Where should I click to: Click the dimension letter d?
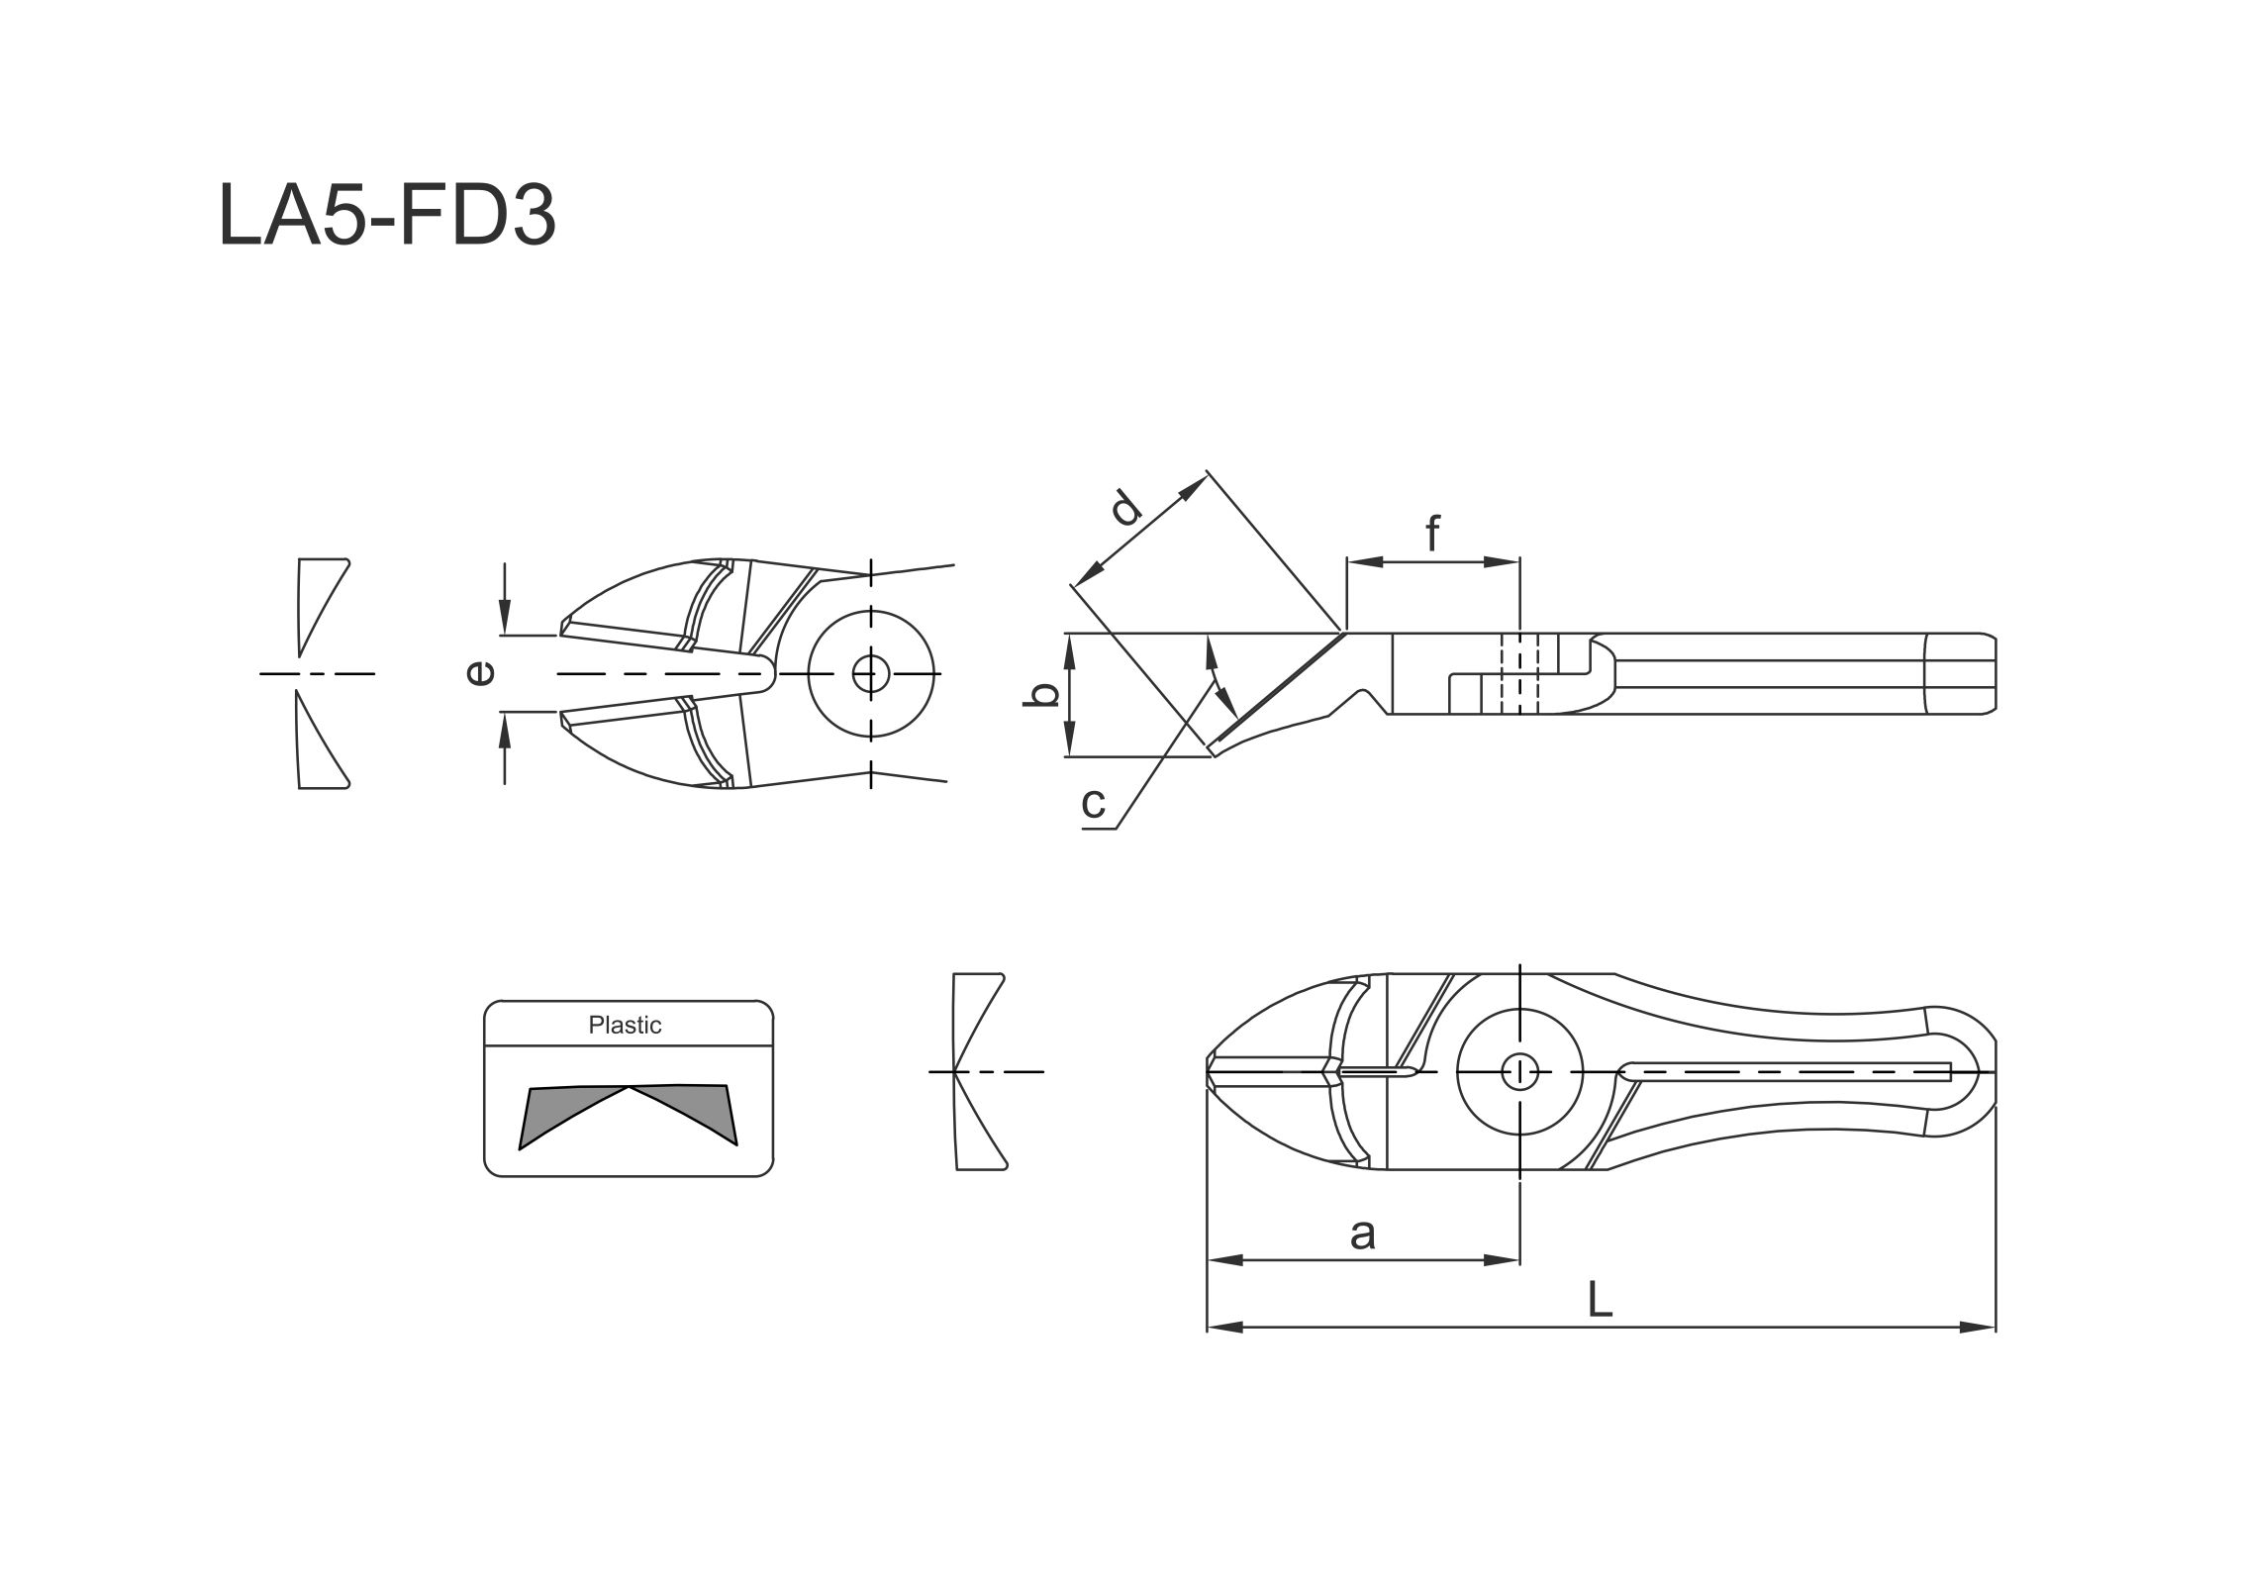1125,508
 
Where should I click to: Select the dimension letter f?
1432,533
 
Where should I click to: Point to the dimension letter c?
1093,804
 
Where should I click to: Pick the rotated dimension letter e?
480,673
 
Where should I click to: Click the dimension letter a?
1363,1235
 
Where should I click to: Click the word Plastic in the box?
625,1025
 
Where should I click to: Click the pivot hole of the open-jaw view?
871,674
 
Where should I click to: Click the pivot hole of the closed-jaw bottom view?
1519,1071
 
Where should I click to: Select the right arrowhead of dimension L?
1978,1327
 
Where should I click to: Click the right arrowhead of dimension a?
1502,1260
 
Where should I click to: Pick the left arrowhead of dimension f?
1365,561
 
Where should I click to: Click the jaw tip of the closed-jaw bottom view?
1209,1071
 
